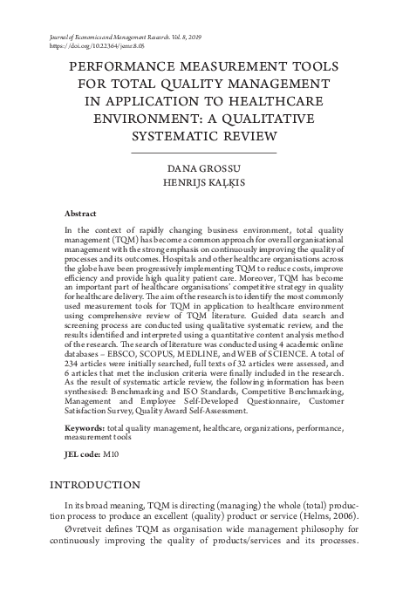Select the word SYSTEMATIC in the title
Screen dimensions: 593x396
click(x=170, y=137)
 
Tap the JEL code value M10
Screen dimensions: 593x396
click(x=113, y=455)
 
